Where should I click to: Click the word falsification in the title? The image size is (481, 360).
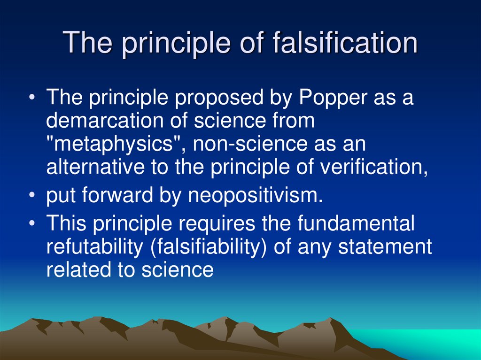coord(345,43)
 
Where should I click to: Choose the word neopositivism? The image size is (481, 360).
coord(256,195)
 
